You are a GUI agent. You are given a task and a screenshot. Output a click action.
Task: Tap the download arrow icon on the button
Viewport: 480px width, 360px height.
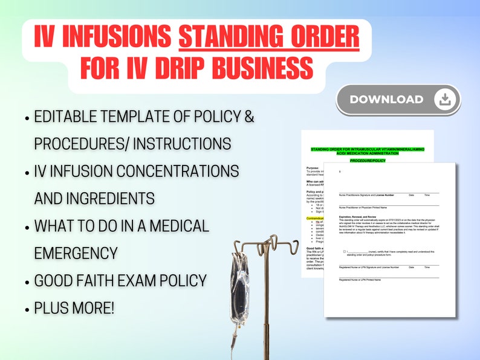pos(444,100)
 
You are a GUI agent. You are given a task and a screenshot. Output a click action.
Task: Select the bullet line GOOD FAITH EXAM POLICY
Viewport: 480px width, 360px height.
pos(120,280)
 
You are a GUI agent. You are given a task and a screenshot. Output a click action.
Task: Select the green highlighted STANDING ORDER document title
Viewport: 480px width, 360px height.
pos(367,150)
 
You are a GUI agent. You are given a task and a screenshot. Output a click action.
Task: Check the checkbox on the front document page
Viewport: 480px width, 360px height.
pos(345,251)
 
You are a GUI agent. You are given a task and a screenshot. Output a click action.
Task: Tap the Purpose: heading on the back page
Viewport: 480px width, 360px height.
pos(313,169)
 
